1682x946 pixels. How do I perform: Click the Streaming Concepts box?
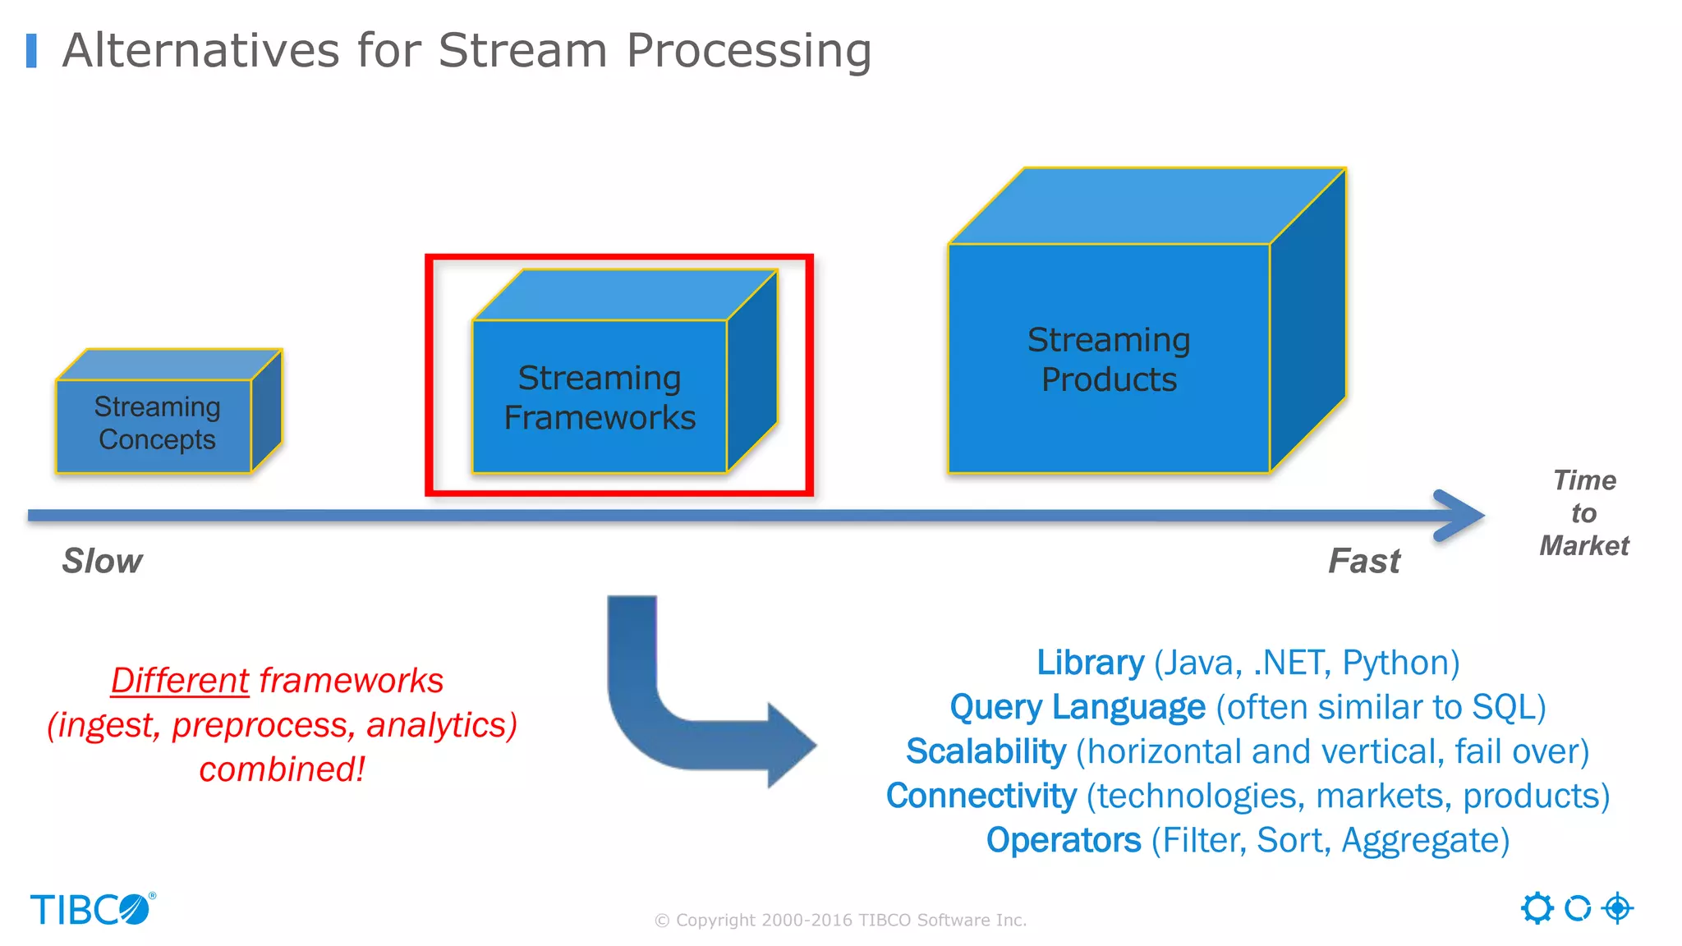156,424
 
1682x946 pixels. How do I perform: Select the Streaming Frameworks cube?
600,397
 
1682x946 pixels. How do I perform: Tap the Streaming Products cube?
1109,360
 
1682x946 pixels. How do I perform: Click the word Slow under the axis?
103,561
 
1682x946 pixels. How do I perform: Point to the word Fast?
1364,561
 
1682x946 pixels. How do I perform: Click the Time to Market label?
1583,513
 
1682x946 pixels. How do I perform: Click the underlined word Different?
180,681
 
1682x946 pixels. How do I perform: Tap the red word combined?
282,769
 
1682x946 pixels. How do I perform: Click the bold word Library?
1090,663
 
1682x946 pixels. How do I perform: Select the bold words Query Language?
1078,707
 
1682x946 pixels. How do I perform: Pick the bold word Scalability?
986,751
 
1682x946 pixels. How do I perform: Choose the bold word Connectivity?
981,796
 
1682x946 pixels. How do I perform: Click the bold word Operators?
1064,840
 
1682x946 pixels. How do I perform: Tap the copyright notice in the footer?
840,920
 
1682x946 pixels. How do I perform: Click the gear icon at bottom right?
1537,908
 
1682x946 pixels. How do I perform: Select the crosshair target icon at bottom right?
1617,908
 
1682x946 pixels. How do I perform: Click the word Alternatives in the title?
200,51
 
